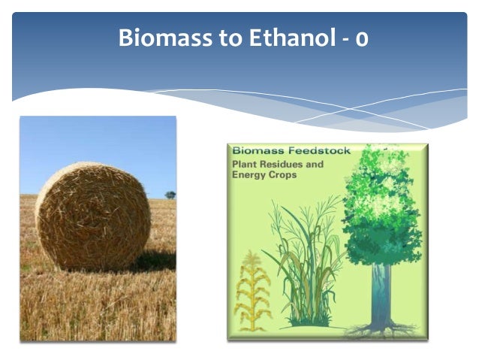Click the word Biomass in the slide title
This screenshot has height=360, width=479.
(165, 38)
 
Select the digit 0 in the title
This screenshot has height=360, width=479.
(361, 40)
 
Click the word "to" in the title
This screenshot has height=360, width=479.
(230, 38)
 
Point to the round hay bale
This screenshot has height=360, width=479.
(93, 216)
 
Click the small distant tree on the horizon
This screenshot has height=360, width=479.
(170, 195)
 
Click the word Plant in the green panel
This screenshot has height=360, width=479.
(244, 165)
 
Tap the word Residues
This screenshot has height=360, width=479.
(281, 165)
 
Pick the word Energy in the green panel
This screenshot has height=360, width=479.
(249, 175)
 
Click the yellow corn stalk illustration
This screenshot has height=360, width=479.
(252, 291)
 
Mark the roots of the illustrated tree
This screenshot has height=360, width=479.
(382, 331)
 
